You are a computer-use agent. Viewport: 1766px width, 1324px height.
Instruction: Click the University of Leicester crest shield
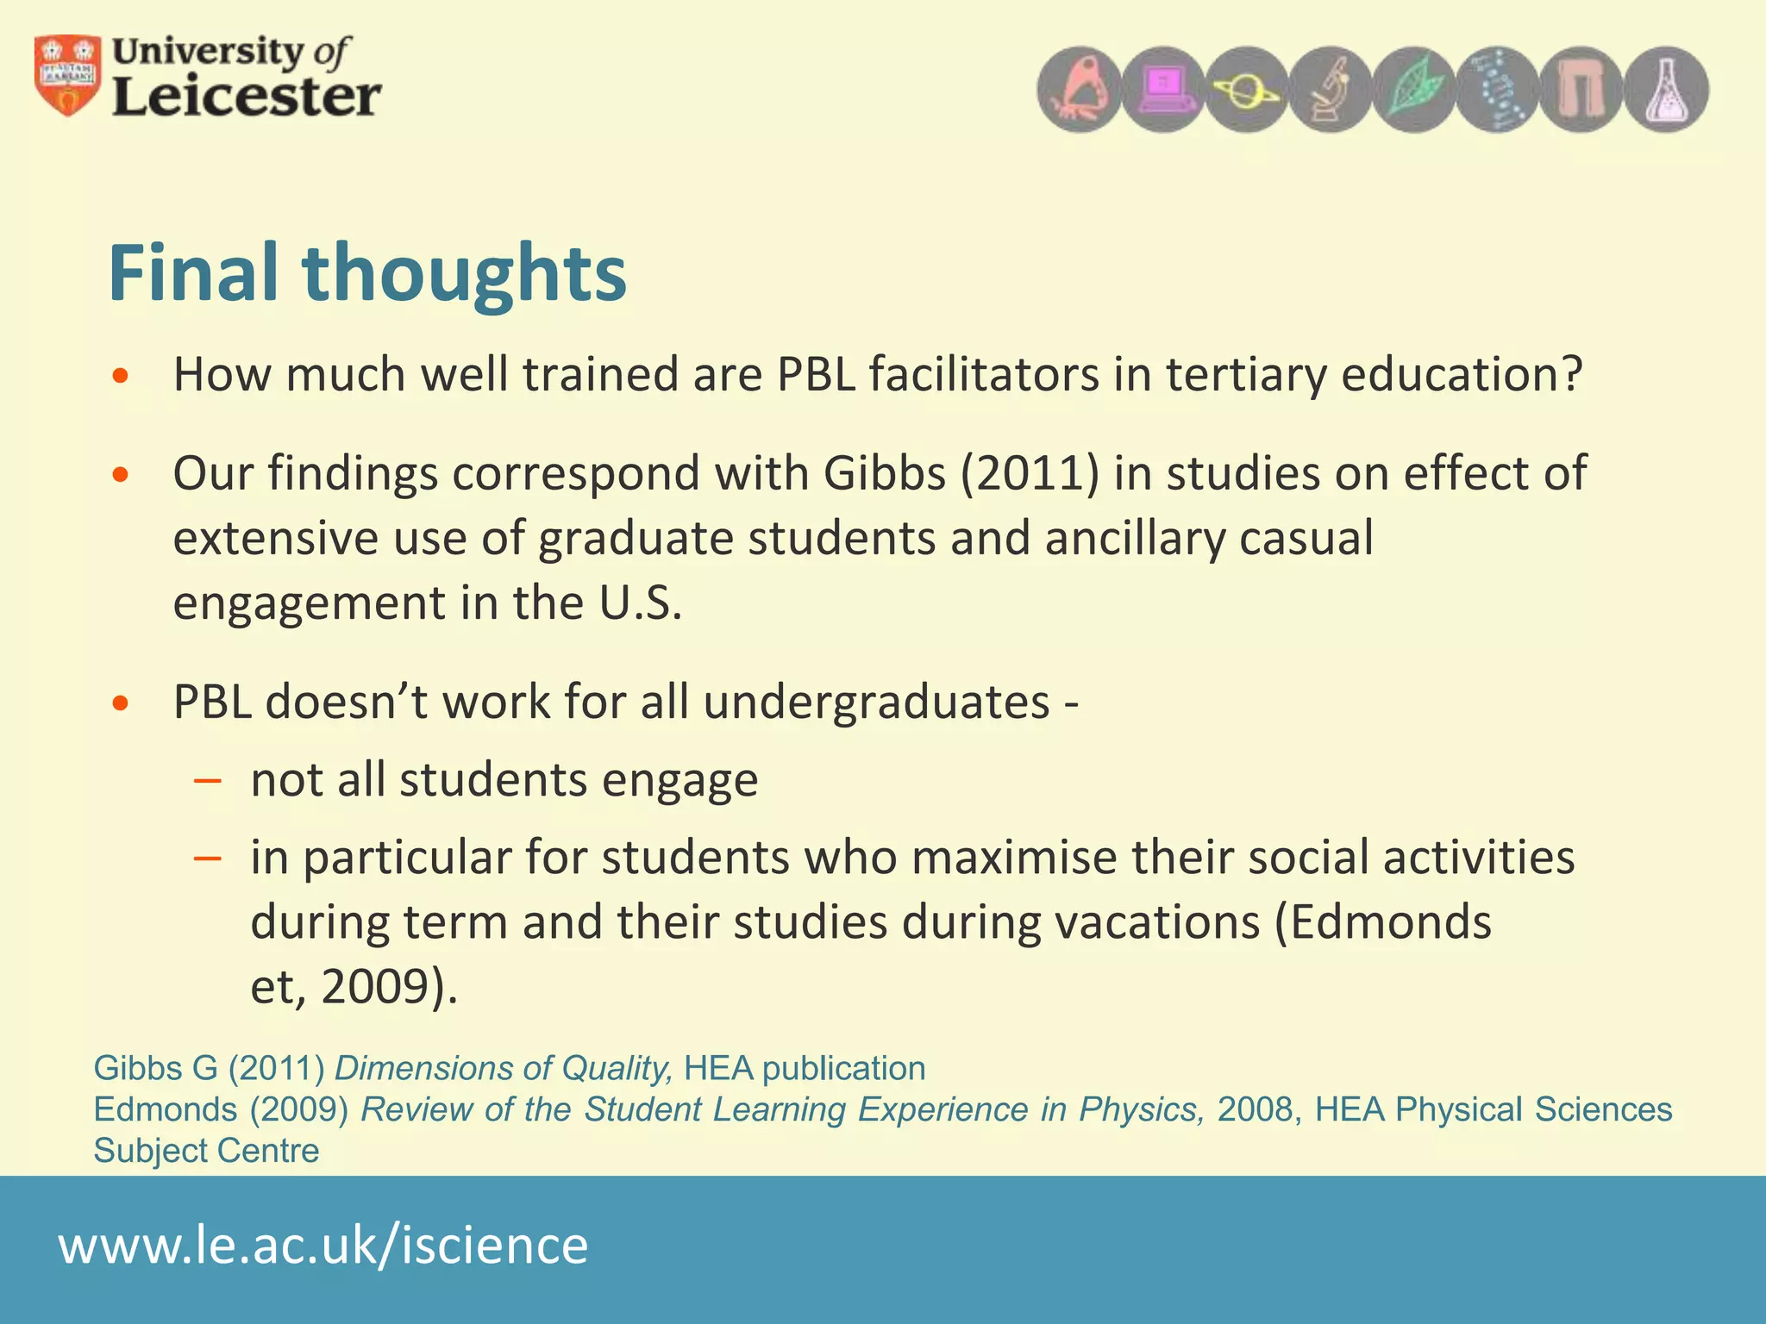click(67, 76)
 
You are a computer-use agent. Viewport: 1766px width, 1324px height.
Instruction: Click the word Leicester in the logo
click(247, 97)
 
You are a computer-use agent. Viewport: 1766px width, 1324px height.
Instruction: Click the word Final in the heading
click(197, 274)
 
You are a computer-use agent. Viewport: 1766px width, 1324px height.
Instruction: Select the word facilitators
click(983, 375)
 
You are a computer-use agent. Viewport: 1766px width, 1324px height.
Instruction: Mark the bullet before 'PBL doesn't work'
click(121, 703)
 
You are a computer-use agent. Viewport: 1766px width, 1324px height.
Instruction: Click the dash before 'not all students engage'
click(208, 781)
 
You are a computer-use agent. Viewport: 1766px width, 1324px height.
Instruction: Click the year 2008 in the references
click(1254, 1110)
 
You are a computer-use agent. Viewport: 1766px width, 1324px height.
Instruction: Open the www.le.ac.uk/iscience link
click(323, 1246)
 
